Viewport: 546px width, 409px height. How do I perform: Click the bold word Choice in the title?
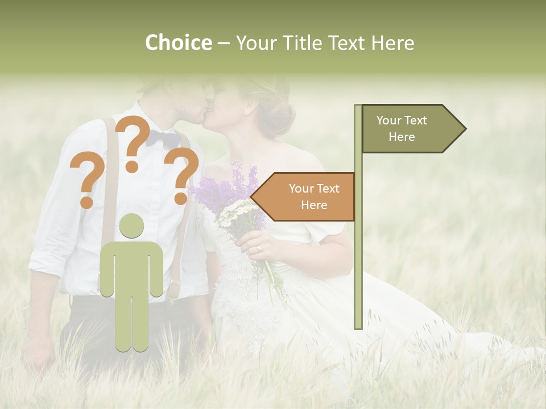coord(178,43)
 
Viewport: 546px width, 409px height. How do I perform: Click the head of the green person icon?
coord(131,226)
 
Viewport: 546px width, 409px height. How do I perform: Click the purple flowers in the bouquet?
coord(227,187)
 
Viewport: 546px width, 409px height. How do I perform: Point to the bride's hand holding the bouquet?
coord(254,244)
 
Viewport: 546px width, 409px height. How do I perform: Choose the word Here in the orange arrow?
coord(314,205)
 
